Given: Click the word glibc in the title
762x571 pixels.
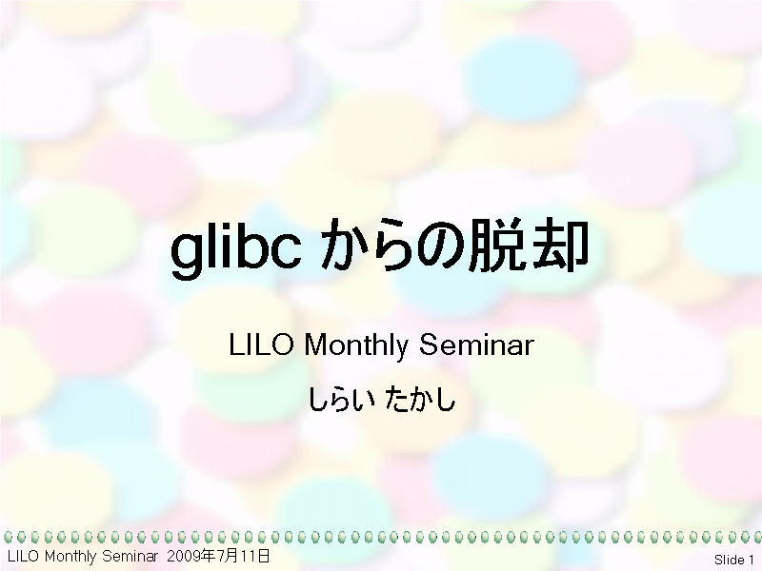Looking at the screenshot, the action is pos(236,248).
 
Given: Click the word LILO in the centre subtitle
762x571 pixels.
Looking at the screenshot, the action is pos(261,345).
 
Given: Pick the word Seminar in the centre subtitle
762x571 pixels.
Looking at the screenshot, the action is pos(477,345).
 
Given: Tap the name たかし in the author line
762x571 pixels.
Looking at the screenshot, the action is pos(420,399).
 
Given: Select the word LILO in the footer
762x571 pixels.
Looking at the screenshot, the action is pos(23,556).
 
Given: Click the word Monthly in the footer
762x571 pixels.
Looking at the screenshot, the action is pos(70,557).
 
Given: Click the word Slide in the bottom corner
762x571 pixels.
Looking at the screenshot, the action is pos(730,560).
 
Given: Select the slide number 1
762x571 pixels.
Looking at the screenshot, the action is pos(752,560).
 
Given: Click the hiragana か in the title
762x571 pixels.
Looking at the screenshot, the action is pos(344,246).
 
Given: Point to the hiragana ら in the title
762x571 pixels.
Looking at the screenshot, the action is pos(391,246).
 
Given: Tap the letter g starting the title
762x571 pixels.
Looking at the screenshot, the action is pos(186,255).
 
